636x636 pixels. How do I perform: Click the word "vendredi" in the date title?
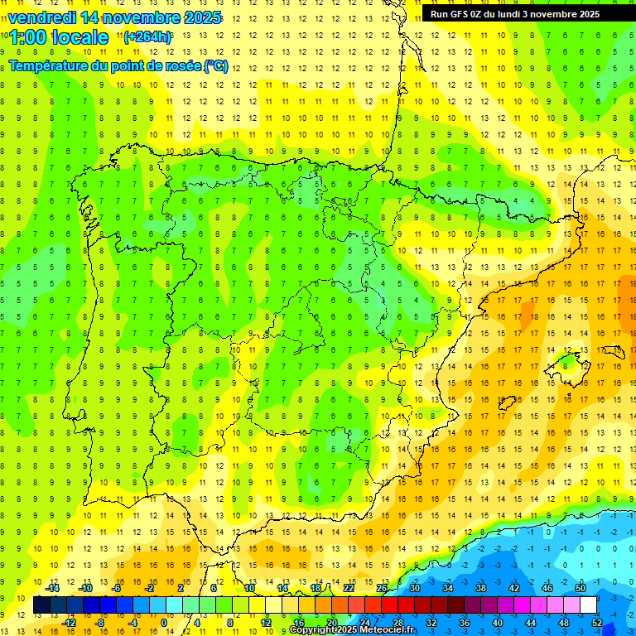tap(42, 17)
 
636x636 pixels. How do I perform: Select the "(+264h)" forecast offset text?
tap(147, 36)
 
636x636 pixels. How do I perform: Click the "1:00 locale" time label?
tap(60, 37)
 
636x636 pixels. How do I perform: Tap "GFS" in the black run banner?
tap(460, 14)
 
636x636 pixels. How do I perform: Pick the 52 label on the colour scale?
tap(597, 622)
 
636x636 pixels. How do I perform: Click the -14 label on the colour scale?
tap(52, 588)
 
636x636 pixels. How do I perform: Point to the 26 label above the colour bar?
tap(382, 588)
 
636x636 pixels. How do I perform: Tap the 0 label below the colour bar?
tap(164, 622)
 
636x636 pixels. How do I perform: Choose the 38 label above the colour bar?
tap(480, 588)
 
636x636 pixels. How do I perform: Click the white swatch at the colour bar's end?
tap(589, 605)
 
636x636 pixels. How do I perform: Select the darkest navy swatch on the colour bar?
tap(41, 605)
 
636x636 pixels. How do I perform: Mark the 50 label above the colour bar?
tap(581, 588)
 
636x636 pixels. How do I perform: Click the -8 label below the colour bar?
tap(99, 622)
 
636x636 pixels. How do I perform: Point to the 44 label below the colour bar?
tap(531, 622)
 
